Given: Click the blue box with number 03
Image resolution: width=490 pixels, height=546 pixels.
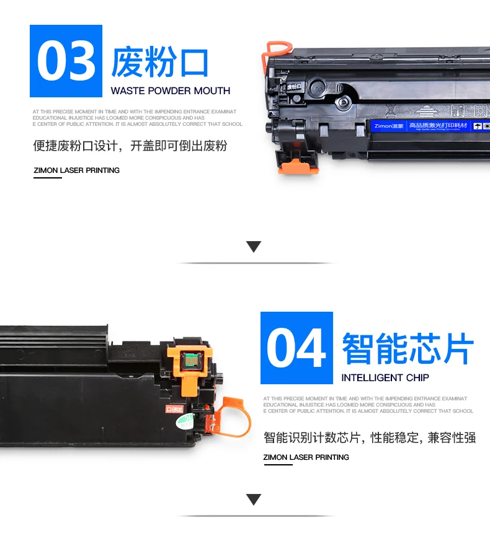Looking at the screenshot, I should click(66, 61).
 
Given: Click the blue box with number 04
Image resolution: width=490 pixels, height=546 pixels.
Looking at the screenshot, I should click(296, 348).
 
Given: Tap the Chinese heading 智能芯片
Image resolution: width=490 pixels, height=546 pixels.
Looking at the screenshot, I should click(408, 348).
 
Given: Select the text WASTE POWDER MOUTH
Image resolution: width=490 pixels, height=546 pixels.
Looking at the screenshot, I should click(170, 90).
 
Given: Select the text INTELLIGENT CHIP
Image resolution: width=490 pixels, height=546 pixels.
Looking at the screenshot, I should click(385, 377).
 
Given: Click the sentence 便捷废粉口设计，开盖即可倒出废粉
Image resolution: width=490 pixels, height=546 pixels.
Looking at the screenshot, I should click(130, 146).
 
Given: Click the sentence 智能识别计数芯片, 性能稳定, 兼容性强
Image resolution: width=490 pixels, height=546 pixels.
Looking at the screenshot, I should click(369, 438).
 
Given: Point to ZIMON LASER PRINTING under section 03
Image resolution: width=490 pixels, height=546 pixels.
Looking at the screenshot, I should click(76, 170).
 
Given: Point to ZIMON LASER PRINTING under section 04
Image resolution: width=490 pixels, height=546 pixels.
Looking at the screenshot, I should click(306, 457).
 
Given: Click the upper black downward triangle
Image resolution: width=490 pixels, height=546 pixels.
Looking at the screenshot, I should click(254, 247).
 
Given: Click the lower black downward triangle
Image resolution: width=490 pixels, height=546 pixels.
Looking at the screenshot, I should click(254, 500).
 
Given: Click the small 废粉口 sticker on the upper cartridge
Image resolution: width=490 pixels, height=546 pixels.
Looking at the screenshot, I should click(296, 87).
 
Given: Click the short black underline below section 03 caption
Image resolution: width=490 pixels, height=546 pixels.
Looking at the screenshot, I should click(48, 178).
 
